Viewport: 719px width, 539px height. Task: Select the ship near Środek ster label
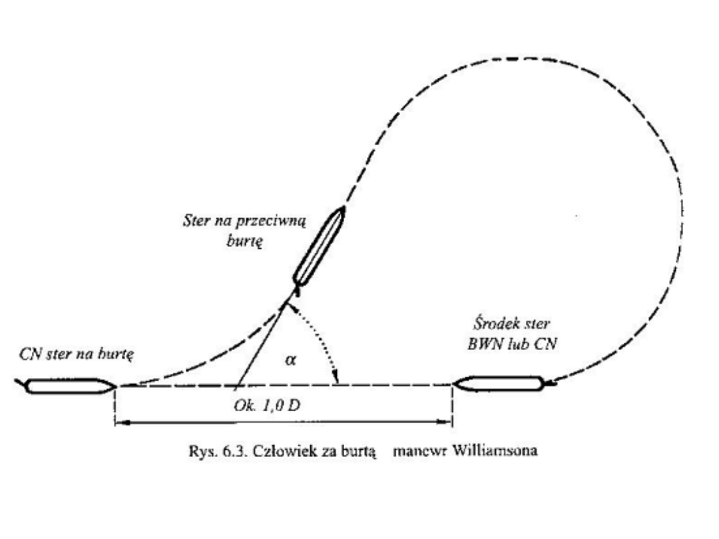499,383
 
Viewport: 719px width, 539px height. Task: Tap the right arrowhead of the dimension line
449,422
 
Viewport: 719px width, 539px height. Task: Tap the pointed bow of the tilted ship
342,208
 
